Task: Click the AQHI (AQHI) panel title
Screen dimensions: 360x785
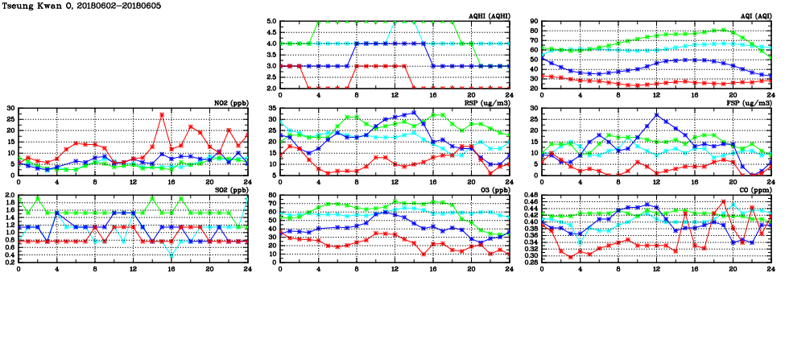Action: pyautogui.click(x=488, y=16)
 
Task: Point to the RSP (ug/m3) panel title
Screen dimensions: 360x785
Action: pyautogui.click(x=490, y=103)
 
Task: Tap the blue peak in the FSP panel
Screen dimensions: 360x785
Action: pyautogui.click(x=657, y=114)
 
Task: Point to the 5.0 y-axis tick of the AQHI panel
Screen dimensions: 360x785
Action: pyautogui.click(x=272, y=22)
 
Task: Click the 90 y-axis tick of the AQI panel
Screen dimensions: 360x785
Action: pyautogui.click(x=533, y=22)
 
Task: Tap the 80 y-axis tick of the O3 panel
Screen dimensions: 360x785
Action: pyautogui.click(x=271, y=196)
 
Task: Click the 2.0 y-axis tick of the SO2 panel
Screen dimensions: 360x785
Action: pyautogui.click(x=10, y=196)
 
